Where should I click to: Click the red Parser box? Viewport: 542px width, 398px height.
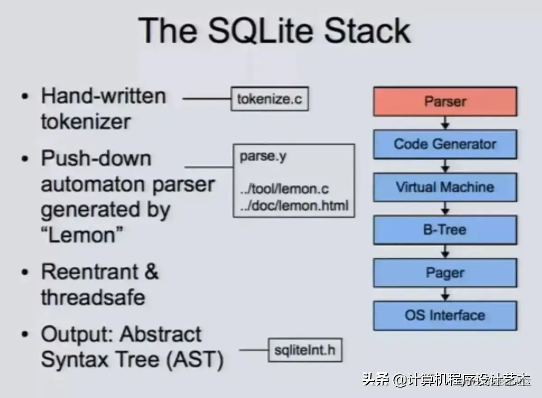tap(445, 101)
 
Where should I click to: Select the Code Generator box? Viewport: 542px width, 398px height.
tap(445, 145)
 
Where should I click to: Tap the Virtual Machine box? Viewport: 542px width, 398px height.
tap(445, 187)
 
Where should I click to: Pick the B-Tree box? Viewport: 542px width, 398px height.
tap(445, 230)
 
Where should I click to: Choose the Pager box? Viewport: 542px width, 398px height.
tap(445, 273)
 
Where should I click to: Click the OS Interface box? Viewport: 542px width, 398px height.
tap(445, 315)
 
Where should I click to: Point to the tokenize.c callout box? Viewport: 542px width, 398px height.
tap(270, 99)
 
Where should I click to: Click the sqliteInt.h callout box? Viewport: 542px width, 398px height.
tap(305, 350)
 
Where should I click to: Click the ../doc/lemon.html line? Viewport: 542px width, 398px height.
tap(294, 206)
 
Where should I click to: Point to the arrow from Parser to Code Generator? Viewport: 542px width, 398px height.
tap(445, 123)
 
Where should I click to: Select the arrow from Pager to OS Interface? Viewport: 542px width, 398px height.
tap(445, 294)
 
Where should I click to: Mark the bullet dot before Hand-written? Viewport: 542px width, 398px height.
tap(26, 97)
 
